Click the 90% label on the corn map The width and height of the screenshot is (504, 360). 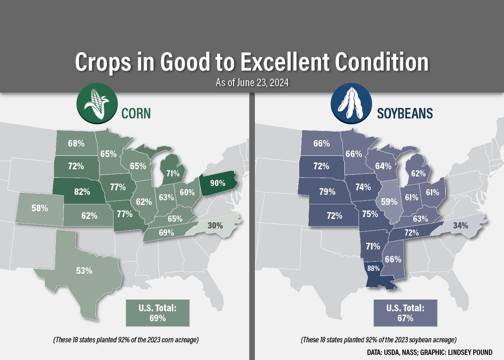tap(217, 183)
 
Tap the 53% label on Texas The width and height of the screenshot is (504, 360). tap(84, 271)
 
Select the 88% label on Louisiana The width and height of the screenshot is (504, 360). tap(373, 268)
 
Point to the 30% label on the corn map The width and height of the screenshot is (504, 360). tap(215, 225)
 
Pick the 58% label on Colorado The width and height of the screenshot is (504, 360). tap(39, 208)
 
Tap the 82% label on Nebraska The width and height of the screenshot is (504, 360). tap(82, 192)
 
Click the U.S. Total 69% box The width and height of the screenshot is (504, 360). tap(157, 313)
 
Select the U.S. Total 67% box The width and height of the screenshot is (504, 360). tap(405, 313)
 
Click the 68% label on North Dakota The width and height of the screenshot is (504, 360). tap(76, 143)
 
